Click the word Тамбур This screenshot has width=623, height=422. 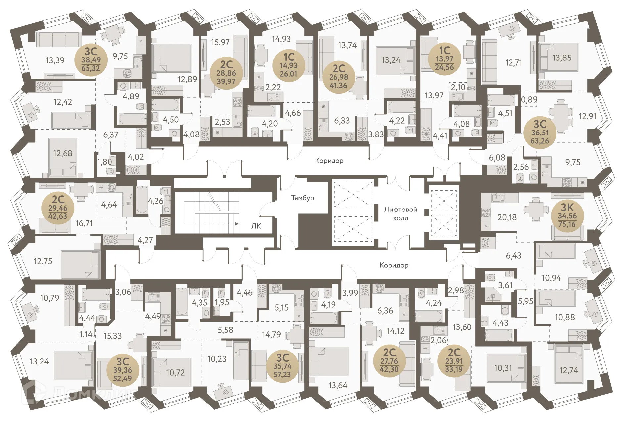tap(302, 198)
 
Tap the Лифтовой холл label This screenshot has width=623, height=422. tap(400, 213)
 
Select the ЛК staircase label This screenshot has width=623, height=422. tap(256, 226)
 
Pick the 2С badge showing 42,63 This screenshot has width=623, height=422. tap(58, 208)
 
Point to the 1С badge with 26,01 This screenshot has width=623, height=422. tap(289, 65)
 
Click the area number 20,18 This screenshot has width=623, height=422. tap(507, 217)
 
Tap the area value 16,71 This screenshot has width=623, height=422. tap(84, 223)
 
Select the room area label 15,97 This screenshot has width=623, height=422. tap(220, 42)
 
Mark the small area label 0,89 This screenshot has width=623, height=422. tap(529, 99)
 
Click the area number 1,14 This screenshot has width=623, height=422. tap(86, 334)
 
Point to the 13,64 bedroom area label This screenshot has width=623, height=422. tap(338, 385)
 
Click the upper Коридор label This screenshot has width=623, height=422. tap(329, 161)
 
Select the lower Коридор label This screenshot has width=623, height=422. tap(394, 265)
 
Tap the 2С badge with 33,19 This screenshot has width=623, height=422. tap(454, 361)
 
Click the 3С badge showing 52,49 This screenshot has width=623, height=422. tap(123, 370)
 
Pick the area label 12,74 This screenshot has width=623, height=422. tap(568, 370)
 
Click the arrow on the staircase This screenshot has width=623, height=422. tap(236, 224)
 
